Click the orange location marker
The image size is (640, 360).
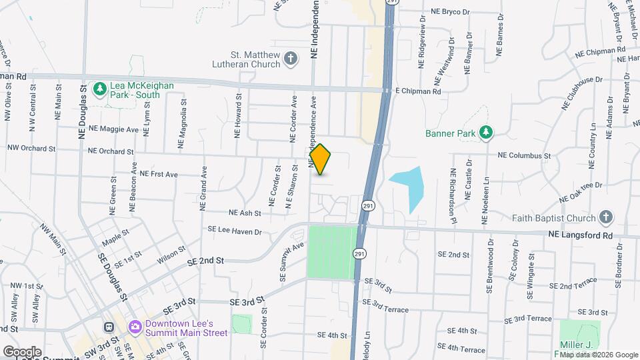click(321, 159)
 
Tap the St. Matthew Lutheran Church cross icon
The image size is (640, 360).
click(290, 59)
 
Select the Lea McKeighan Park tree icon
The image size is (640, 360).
click(100, 88)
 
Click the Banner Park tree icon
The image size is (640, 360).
click(486, 133)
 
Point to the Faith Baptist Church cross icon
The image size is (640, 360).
click(605, 218)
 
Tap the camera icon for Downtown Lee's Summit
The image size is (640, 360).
click(135, 327)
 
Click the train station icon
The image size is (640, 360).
click(108, 327)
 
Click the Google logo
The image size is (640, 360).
click(21, 352)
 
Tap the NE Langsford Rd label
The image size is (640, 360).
click(580, 235)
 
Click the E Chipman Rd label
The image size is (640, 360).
click(418, 91)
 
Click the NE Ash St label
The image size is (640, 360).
click(245, 213)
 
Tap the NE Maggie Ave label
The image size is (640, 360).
click(113, 129)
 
